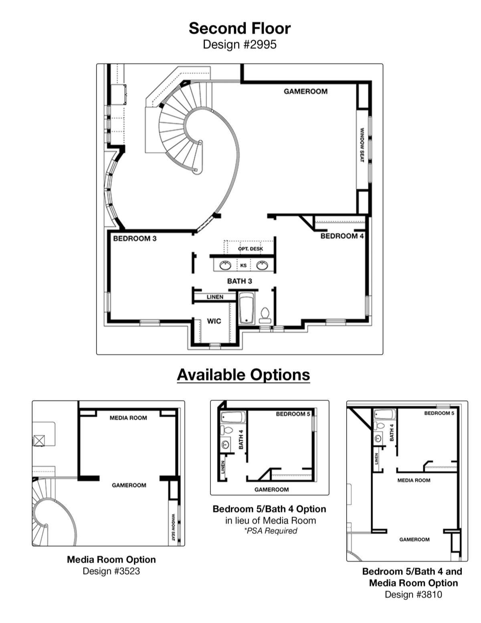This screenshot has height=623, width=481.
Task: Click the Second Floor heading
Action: pos(240,28)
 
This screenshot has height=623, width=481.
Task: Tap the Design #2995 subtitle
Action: pos(240,45)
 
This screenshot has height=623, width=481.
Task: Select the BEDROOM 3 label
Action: pos(135,239)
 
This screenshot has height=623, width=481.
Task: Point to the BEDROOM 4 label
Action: pos(342,236)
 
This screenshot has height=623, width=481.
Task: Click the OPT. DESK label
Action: pos(251,249)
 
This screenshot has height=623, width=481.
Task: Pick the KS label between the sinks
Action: pos(243,266)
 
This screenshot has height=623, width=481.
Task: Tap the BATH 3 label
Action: pos(239,281)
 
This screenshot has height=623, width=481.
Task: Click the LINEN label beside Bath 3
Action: pos(215,297)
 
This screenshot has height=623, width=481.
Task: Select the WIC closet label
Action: pos(214,321)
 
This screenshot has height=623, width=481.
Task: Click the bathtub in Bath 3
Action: pos(247,308)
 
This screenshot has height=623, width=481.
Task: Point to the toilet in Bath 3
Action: pos(265,316)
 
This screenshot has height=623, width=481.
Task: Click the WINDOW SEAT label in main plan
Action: pos(362,145)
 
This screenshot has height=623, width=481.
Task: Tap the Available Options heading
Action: pos(243,375)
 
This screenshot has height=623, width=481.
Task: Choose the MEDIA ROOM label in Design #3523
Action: pos(128,418)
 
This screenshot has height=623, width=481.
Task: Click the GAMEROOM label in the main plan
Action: pos(306,91)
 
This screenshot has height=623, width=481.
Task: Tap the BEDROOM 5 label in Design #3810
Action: pos(439,413)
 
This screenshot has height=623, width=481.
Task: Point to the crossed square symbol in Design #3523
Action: pos(39,440)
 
